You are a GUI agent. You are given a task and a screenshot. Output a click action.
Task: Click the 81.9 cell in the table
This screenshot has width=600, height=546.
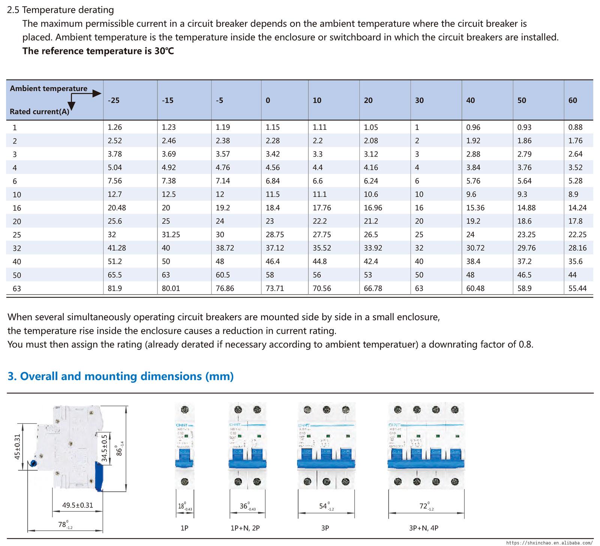(114, 288)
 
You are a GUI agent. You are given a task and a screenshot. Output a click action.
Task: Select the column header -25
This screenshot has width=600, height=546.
(114, 100)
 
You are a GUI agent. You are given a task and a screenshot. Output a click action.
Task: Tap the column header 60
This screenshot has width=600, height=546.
(573, 100)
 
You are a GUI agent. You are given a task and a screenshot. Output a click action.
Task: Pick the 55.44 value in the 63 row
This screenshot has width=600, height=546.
(577, 288)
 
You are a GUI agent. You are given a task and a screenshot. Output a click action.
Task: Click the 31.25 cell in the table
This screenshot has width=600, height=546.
(171, 235)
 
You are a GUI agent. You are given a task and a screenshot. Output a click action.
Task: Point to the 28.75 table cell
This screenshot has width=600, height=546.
(274, 235)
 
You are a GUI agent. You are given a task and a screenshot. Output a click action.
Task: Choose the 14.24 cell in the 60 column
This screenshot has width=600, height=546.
(577, 208)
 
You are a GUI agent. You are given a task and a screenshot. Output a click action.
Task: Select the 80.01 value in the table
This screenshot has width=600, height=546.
(171, 288)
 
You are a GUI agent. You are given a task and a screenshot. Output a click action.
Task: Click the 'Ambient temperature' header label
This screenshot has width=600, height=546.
(48, 88)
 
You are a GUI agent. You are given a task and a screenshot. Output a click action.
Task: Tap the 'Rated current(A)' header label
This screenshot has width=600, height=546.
(39, 111)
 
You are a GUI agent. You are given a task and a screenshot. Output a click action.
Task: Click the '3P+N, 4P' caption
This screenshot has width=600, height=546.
(424, 528)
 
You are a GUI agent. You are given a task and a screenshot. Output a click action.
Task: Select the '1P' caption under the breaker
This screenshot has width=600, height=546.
(184, 528)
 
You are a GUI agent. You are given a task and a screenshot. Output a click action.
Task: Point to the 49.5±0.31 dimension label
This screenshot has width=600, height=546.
(78, 505)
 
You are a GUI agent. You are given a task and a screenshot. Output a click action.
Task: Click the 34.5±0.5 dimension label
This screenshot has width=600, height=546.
(105, 447)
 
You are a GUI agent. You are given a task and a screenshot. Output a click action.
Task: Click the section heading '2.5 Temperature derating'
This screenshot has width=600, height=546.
(60, 10)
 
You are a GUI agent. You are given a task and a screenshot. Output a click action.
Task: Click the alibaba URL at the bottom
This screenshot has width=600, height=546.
(549, 542)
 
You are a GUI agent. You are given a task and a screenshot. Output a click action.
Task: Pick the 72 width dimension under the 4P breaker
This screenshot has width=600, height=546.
(424, 506)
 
